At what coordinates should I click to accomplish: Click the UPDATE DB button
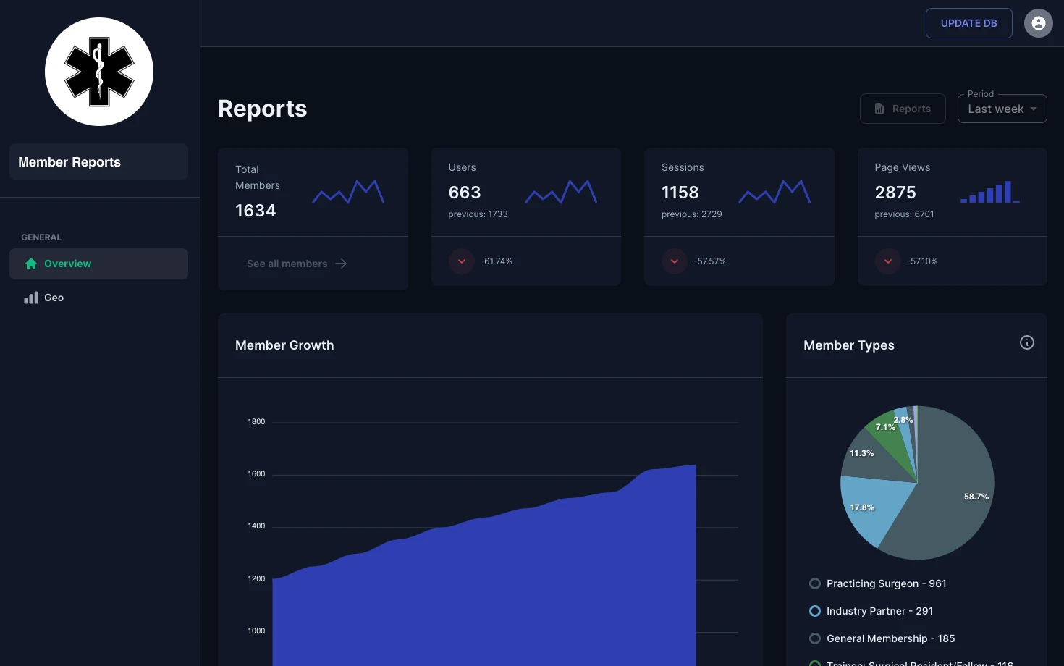tap(968, 23)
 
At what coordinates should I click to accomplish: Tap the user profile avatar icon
tap(1038, 23)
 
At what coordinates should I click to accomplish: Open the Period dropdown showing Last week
tap(1002, 109)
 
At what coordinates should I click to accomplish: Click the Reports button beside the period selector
tap(903, 109)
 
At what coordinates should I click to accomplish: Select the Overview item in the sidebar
tap(98, 264)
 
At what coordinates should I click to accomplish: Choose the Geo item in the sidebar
tap(54, 298)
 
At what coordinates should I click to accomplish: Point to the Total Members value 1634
tap(256, 211)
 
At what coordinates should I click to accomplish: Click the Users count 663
tap(465, 193)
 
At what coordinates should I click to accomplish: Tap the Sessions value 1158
tap(680, 193)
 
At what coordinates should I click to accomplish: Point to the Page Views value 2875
tap(895, 193)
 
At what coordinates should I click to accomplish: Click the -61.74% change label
tap(496, 261)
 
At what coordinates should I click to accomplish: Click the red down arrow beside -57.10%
tap(887, 261)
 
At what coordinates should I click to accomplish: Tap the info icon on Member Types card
tap(1026, 342)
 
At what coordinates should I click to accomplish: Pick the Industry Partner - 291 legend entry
tap(879, 611)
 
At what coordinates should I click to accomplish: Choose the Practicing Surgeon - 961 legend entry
tap(885, 583)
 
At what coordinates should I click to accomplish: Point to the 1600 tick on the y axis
tap(256, 474)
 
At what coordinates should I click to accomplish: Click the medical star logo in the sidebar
tap(99, 72)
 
